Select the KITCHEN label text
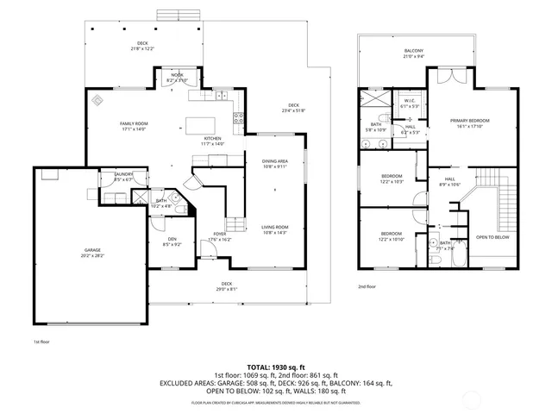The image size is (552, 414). (213, 141)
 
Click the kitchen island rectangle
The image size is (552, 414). (203, 125)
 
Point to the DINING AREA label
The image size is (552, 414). (275, 164)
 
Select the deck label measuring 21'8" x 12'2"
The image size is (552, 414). (142, 46)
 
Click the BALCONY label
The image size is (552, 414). (414, 54)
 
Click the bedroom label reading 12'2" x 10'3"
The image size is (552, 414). (392, 179)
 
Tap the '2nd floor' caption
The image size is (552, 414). (367, 286)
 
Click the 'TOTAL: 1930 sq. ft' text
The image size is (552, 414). (276, 367)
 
